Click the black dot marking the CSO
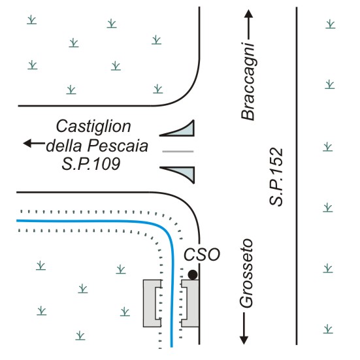[x=193, y=274]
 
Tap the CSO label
[x=202, y=254]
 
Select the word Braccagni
[x=248, y=81]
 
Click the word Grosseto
[x=246, y=273]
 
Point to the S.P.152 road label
[x=276, y=177]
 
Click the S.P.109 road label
[x=91, y=164]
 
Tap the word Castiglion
[x=93, y=127]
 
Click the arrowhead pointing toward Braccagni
[x=248, y=14]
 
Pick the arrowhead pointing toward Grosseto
[x=244, y=340]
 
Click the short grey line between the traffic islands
[x=178, y=152]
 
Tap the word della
[x=64, y=146]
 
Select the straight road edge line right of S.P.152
[x=297, y=176]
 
